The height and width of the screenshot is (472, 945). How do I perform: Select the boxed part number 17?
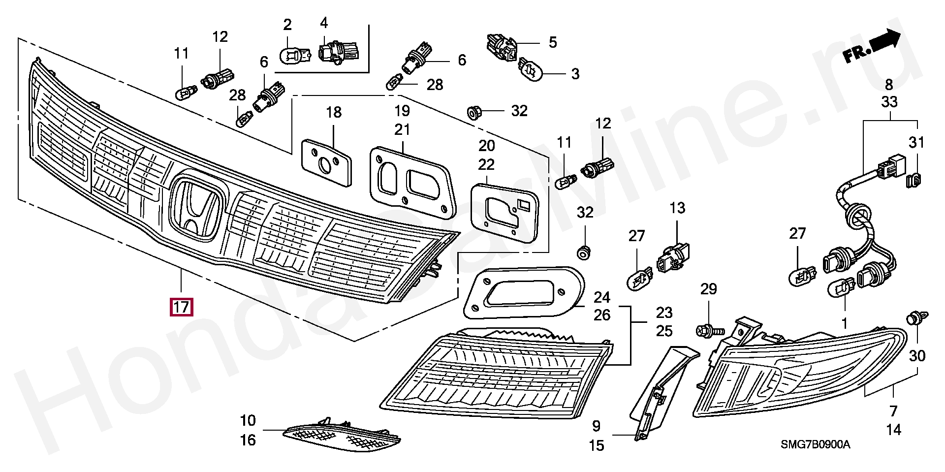coord(181,308)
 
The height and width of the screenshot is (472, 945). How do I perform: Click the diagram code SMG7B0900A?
coord(815,445)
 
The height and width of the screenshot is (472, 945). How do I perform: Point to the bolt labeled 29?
coord(709,330)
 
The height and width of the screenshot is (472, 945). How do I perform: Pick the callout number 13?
coord(677,208)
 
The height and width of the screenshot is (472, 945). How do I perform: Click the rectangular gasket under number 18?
coord(327,162)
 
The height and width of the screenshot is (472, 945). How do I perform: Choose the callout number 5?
coord(553,42)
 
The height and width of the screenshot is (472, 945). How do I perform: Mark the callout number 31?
coord(916,143)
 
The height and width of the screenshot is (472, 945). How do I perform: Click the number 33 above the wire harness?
coord(889,102)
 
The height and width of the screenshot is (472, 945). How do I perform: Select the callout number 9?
coord(596,426)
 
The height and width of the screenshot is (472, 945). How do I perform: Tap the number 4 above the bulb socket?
coord(323,23)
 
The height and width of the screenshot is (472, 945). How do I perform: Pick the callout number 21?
coord(402,129)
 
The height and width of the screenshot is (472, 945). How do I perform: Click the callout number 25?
coord(664,331)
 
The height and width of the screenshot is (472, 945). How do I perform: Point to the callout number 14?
coord(893,430)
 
